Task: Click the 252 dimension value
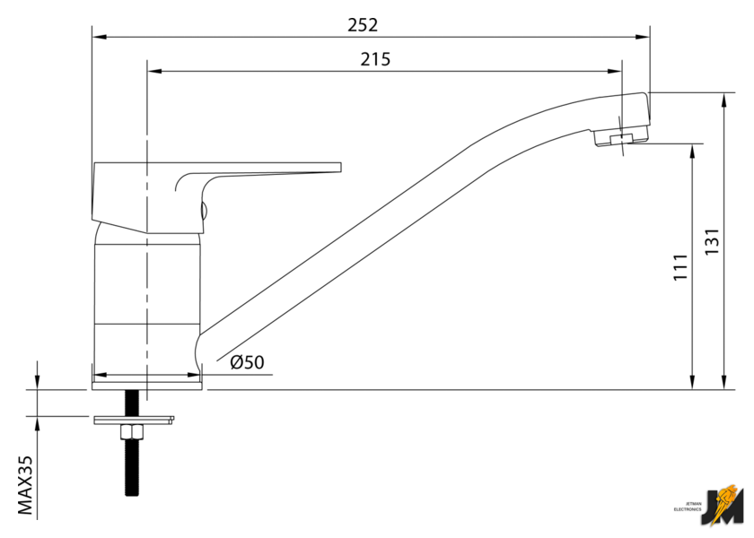(363, 25)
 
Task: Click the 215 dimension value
(375, 59)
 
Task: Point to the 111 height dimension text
(679, 268)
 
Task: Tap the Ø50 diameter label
(247, 362)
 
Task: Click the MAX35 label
(25, 485)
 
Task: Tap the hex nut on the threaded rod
(132, 432)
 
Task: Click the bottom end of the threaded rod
(132, 492)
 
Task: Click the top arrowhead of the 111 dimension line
(692, 148)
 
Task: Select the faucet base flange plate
(147, 385)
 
